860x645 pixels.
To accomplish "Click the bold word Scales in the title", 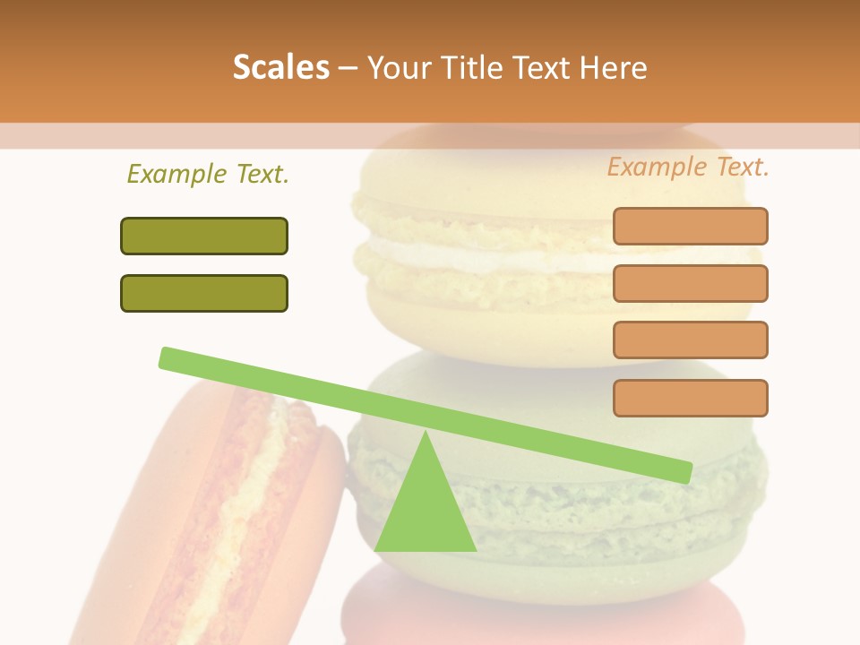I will click(x=280, y=68).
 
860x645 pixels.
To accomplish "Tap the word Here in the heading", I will click(x=615, y=68).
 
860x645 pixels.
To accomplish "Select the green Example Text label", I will click(x=208, y=175).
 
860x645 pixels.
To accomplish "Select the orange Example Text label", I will click(x=688, y=167).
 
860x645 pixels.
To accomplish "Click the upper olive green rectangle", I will click(x=204, y=236).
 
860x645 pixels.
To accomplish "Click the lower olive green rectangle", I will click(x=204, y=294).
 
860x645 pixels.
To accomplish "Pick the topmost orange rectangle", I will click(x=690, y=227).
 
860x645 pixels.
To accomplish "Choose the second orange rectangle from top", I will click(x=690, y=283).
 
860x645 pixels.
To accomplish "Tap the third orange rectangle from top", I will click(x=690, y=340).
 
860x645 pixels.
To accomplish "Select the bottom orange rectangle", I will click(x=690, y=398).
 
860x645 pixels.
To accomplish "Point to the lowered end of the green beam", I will click(x=683, y=471).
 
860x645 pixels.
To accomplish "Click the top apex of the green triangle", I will click(x=426, y=434).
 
